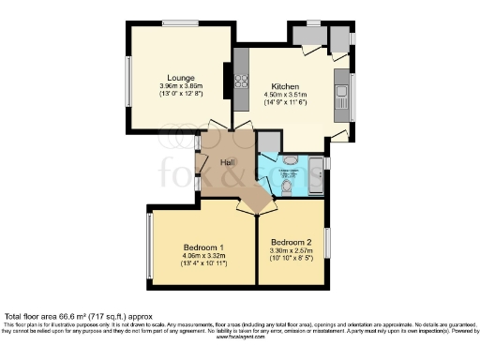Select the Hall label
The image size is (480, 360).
[x=226, y=162]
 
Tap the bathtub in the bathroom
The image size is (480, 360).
[x=316, y=175]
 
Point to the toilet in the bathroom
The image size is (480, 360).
[x=287, y=186]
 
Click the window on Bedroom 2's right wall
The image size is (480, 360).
[x=327, y=242]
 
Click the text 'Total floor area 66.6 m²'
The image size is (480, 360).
[x=56, y=316]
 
